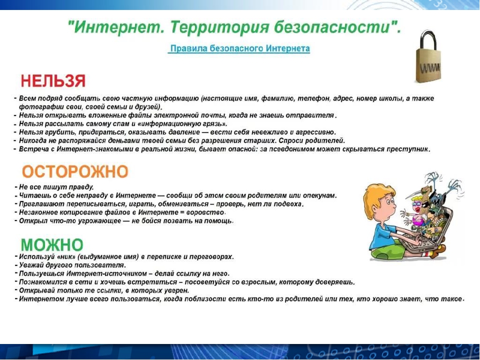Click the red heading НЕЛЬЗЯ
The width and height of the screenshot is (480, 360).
pyautogui.click(x=53, y=81)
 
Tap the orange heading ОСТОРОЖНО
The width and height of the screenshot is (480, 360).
pyautogui.click(x=75, y=171)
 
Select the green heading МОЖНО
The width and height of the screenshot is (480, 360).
pyautogui.click(x=52, y=245)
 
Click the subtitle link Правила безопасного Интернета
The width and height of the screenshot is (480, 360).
pyautogui.click(x=240, y=48)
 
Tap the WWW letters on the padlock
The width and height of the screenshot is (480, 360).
pyautogui.click(x=430, y=67)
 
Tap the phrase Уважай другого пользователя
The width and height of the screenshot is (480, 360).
pyautogui.click(x=72, y=265)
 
